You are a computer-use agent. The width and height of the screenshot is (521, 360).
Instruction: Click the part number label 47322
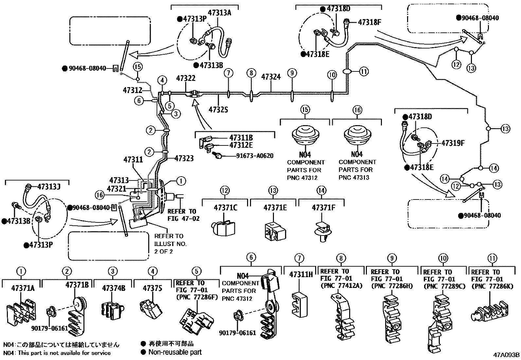[x=186, y=78]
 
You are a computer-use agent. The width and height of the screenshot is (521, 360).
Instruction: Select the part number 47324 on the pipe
[x=271, y=77]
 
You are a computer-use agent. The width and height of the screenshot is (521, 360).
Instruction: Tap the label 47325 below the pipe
[x=218, y=109]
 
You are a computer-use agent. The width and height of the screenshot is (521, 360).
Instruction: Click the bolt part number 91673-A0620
[x=255, y=156]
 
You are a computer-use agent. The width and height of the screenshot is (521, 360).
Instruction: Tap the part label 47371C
[x=226, y=207]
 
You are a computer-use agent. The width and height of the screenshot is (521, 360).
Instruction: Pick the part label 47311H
[x=301, y=274]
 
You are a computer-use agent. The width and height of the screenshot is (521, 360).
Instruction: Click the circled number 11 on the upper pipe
[x=364, y=71]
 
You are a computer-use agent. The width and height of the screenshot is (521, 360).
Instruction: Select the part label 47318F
[x=370, y=22]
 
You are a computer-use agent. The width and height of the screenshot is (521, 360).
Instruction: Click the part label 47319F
[x=453, y=143]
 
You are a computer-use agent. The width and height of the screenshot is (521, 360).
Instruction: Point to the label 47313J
[x=49, y=186]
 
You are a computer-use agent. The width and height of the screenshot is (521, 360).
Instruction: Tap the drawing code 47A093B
[x=507, y=355]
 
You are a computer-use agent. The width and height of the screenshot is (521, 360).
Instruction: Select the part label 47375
[x=152, y=288]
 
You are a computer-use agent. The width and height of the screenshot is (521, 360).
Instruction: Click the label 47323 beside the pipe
[x=184, y=159]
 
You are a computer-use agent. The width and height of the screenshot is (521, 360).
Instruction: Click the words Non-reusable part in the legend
[x=175, y=352]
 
